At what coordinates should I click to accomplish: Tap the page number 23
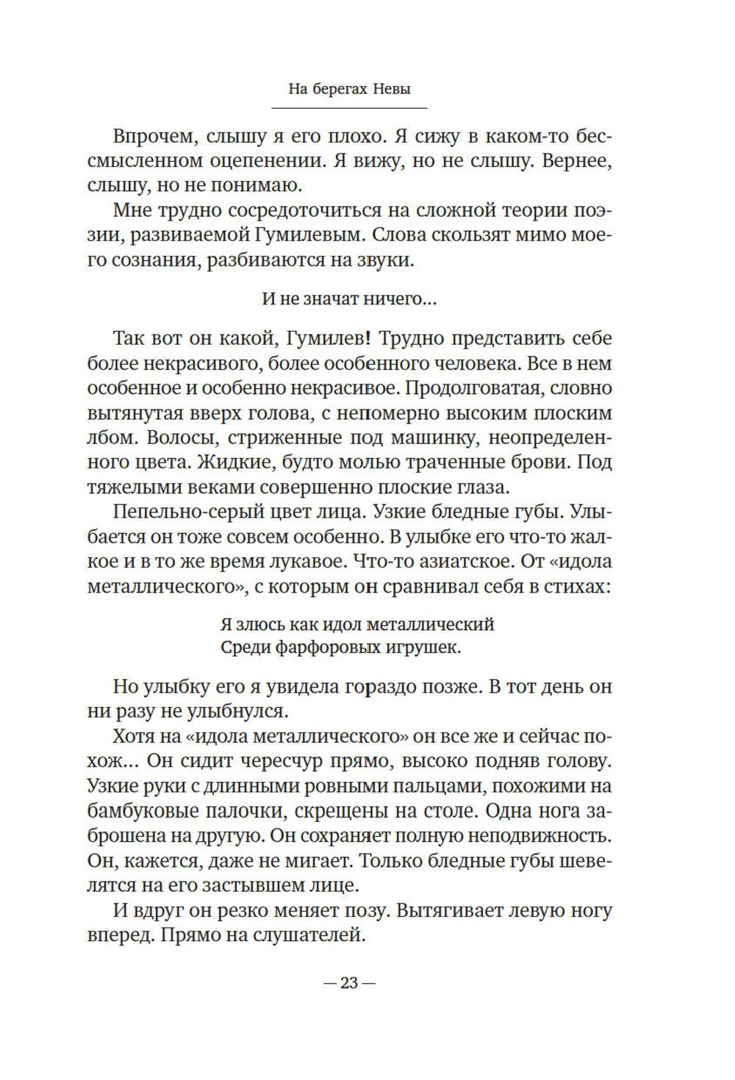348,983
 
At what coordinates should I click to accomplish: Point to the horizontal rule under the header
349,109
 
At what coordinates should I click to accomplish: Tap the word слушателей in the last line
309,936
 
